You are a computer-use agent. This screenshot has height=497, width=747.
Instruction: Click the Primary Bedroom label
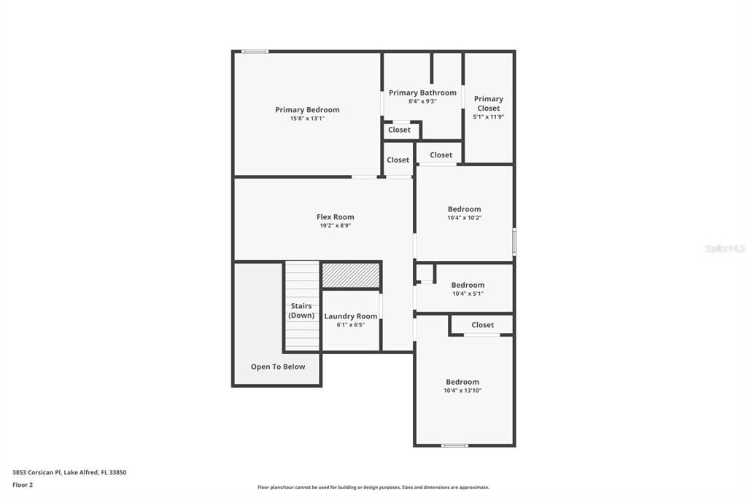point(307,110)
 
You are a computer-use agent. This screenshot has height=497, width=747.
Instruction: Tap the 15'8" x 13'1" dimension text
point(307,118)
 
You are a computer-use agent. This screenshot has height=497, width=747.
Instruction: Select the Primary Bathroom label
point(422,93)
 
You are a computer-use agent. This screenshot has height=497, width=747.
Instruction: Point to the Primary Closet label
point(488,103)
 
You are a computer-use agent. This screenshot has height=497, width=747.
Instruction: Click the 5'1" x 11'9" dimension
point(488,117)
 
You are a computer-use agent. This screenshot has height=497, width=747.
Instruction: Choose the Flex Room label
point(336,216)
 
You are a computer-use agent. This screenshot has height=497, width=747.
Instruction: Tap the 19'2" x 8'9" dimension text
point(336,225)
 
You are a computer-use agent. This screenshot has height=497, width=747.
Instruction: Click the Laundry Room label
point(351,316)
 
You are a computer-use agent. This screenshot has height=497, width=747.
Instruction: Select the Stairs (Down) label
point(301,310)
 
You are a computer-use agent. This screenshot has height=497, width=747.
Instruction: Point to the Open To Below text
point(278,367)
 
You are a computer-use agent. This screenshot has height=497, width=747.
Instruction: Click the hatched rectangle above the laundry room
point(351,275)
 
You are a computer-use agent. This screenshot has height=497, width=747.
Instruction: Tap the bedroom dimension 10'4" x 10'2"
point(464,217)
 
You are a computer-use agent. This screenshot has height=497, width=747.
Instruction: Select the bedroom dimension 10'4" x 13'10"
point(462,391)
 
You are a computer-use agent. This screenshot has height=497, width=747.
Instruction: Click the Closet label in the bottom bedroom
point(482,325)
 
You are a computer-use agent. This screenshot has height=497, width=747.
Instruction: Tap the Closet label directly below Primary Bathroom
point(399,130)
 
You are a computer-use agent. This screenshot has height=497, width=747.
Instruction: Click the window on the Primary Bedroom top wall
point(255,51)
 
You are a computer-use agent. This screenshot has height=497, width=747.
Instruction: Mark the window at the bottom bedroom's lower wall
point(454,445)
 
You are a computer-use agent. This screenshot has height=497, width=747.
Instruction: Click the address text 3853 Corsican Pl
point(38,472)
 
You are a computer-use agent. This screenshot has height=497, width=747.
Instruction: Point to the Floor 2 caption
point(23,485)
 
